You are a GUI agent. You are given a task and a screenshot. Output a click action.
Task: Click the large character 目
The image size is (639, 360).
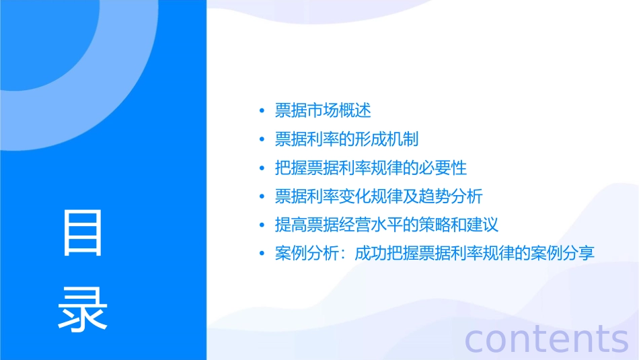pos(83,233)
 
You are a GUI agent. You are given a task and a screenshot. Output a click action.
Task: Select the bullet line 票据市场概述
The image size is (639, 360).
pos(323,110)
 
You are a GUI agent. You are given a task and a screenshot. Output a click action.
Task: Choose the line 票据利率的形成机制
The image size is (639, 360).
pos(347,139)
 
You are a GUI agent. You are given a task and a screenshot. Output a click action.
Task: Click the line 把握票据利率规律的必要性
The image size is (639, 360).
pos(371,168)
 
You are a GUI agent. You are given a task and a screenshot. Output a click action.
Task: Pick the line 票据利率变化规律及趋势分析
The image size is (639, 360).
pos(379,196)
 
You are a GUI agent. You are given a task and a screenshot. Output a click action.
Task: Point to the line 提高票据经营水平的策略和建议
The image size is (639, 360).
pos(387,225)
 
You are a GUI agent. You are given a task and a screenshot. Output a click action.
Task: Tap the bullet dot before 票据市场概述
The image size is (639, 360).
pos(262,111)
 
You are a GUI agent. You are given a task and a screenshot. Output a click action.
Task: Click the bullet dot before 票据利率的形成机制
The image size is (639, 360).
pos(262,140)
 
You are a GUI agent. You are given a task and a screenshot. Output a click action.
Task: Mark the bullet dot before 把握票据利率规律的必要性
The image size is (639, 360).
pos(262,168)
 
